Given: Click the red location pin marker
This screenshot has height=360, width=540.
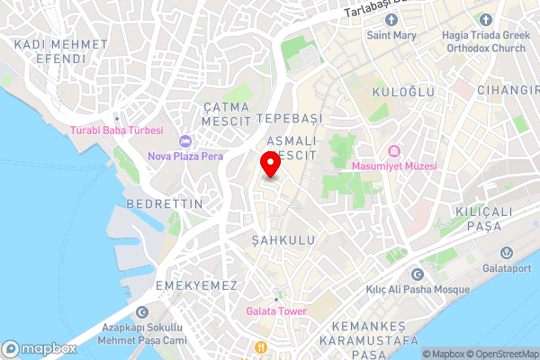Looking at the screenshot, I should pos(269,166).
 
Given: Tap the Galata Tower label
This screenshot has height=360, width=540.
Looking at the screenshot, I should pos(276,311).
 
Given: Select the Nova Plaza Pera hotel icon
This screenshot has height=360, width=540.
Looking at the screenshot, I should pos(186,140).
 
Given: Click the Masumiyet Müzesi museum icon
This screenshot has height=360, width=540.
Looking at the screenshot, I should pos(393,151).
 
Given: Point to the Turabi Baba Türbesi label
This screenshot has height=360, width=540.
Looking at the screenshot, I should pos(117,130).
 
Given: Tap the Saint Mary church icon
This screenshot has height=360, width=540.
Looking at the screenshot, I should pos(390,20).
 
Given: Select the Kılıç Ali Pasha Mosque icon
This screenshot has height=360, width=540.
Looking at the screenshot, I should pos(417,274).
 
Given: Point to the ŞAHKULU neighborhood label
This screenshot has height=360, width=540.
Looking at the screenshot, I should pos(284,240).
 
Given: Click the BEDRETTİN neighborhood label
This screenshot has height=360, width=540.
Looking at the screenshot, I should pos(165,204).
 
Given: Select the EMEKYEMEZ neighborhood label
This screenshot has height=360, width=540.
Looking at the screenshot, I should pos(196,285).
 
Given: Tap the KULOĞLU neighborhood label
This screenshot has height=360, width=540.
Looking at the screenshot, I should pos(407,92).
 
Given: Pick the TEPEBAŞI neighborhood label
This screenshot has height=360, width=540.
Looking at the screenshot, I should pos(288,119).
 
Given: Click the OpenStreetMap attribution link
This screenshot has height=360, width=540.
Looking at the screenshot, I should pos(500,354).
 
